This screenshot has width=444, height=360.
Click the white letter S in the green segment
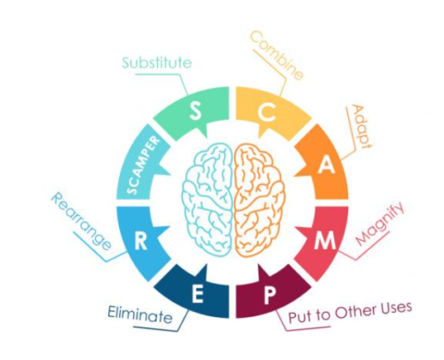[195, 111]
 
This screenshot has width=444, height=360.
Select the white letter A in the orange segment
[327, 165]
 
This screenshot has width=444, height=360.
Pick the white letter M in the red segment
[325, 240]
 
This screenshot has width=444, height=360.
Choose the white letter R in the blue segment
[141, 242]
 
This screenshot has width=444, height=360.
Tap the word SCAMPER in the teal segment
[143, 165]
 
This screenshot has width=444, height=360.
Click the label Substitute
[157, 63]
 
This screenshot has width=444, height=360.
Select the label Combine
[276, 56]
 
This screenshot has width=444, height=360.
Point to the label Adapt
[361, 127]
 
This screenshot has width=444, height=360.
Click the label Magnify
[381, 224]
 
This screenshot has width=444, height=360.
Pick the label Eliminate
[140, 315]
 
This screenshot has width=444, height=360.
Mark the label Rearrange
[81, 221]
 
